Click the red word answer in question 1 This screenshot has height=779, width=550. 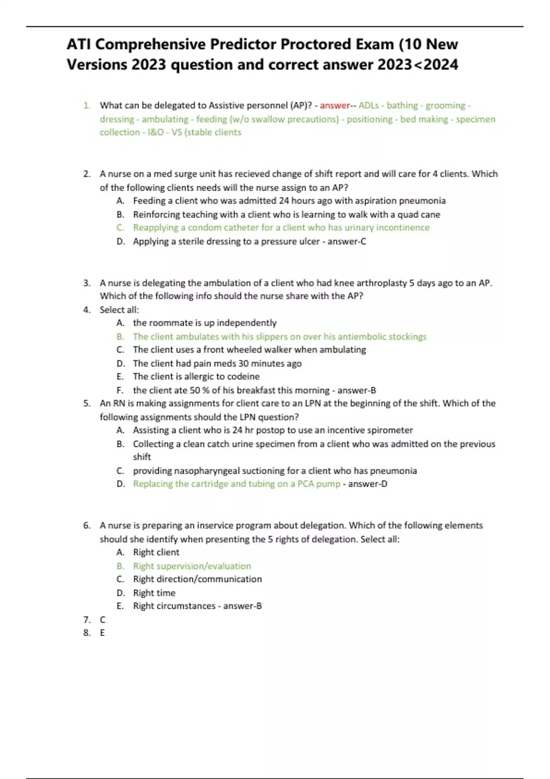pyautogui.click(x=335, y=105)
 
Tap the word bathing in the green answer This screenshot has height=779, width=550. pyautogui.click(x=402, y=105)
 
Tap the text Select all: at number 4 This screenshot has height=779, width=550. pyautogui.click(x=119, y=310)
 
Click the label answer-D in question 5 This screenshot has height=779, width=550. pyautogui.click(x=368, y=484)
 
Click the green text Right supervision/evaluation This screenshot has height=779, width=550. pyautogui.click(x=192, y=566)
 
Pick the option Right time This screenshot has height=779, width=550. pyautogui.click(x=154, y=593)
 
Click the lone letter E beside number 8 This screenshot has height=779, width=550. pyautogui.click(x=102, y=633)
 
